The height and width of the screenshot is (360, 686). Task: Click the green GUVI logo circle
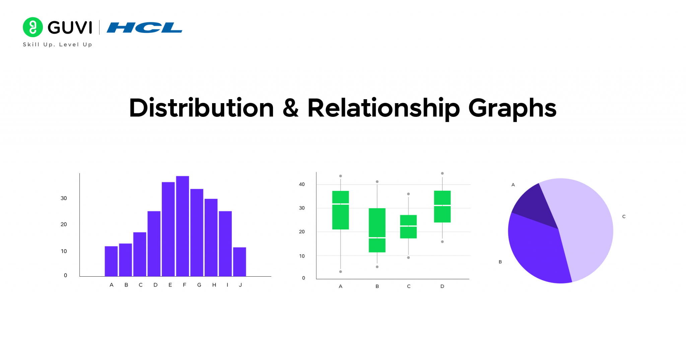tap(33, 27)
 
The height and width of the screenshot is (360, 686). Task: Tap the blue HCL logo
tap(144, 28)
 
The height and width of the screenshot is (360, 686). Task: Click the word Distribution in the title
tap(201, 108)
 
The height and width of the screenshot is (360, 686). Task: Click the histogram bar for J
tap(239, 262)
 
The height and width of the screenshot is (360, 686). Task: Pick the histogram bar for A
tap(111, 261)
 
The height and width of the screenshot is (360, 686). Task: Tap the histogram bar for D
tap(154, 243)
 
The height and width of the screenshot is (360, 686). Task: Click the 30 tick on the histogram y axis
tap(64, 198)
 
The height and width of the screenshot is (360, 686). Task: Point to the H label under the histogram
tap(214, 285)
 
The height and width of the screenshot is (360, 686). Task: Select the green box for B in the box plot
tap(377, 230)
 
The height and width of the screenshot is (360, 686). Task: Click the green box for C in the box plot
tap(408, 227)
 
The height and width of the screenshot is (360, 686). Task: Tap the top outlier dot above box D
tap(442, 173)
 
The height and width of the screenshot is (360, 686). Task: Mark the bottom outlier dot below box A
tap(341, 272)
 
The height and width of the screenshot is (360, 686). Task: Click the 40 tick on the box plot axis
tap(302, 184)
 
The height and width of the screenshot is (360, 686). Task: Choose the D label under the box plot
tap(442, 286)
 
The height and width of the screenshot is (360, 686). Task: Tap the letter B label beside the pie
tap(500, 262)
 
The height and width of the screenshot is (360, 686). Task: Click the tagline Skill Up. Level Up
tap(57, 45)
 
